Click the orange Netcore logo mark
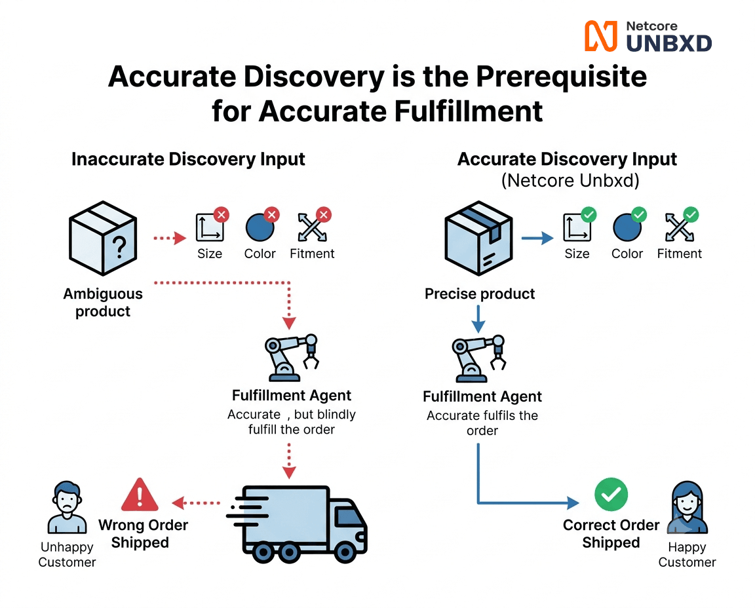600,36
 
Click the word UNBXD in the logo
668,44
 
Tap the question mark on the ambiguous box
119,247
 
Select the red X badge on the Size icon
222,215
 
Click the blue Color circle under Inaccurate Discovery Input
260,227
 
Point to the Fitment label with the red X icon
312,254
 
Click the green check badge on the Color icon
639,214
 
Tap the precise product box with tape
478,238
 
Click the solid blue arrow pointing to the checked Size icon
537,238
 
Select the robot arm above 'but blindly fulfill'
292,357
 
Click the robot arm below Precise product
478,358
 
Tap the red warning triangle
140,495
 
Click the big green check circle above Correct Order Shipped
611,495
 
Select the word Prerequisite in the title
562,77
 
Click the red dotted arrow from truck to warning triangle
196,503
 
